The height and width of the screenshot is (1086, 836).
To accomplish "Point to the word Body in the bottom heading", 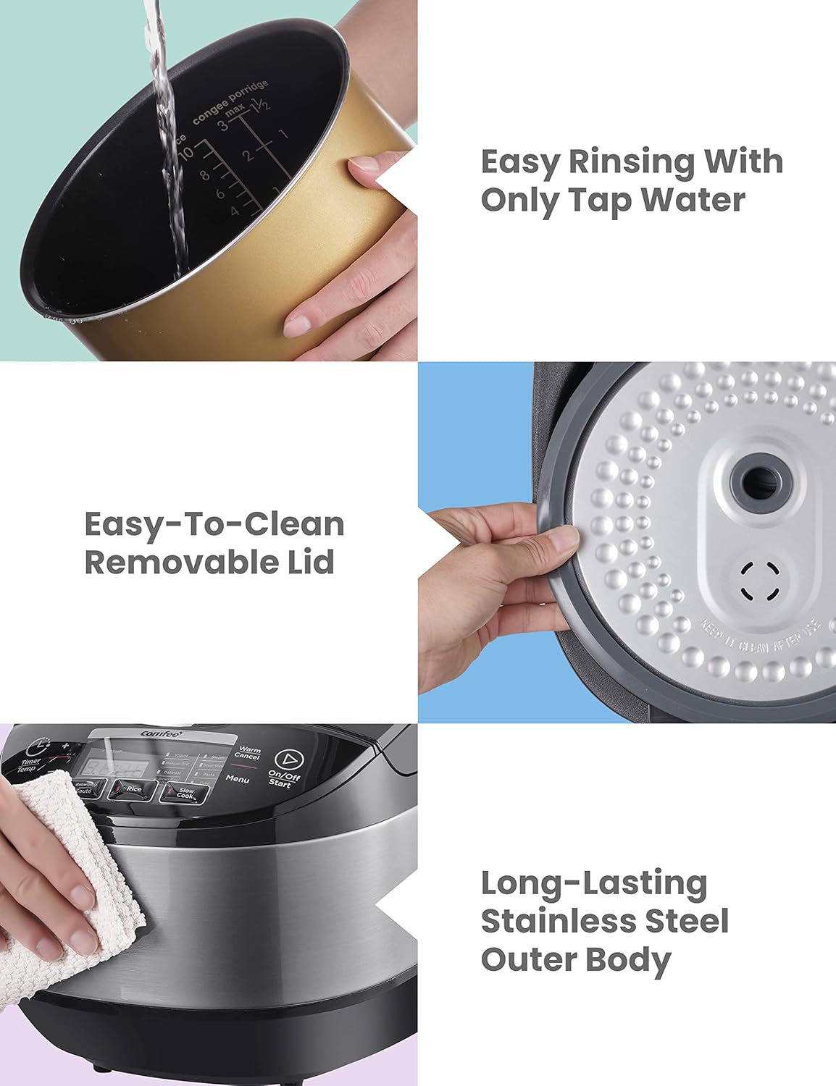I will click(628, 960).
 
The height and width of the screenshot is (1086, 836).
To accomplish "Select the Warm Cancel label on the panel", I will click(248, 754).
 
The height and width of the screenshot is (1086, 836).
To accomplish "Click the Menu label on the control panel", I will click(238, 779).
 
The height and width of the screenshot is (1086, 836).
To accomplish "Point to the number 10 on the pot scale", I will click(185, 153).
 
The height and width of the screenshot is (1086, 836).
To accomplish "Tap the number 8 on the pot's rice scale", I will click(204, 175).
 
